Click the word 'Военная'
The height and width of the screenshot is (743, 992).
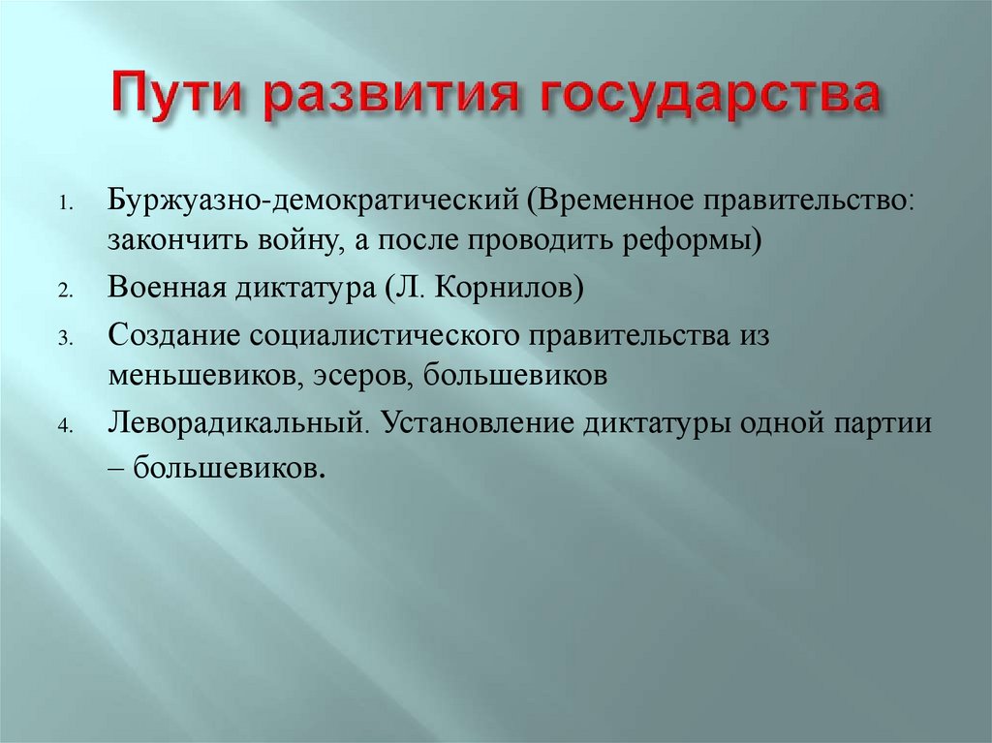[164, 288]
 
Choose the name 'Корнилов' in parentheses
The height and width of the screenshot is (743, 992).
[505, 288]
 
